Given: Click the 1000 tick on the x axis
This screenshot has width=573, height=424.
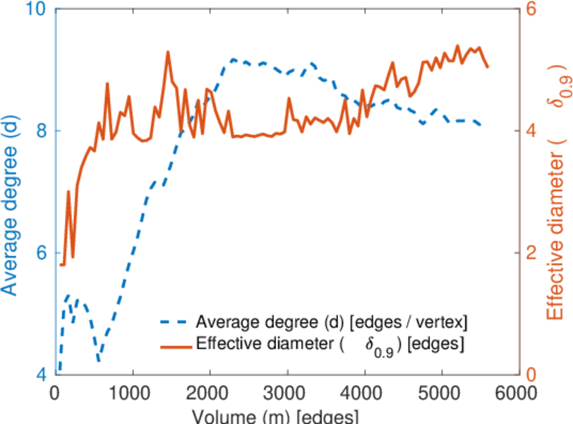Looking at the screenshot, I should [x=132, y=391].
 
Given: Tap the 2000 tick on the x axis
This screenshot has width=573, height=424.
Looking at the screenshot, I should [x=210, y=391].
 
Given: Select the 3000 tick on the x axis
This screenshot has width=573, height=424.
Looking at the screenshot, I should [x=287, y=391].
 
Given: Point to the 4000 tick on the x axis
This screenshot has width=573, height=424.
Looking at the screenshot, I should [x=364, y=391].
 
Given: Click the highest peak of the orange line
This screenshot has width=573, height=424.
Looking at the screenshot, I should [x=168, y=52].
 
